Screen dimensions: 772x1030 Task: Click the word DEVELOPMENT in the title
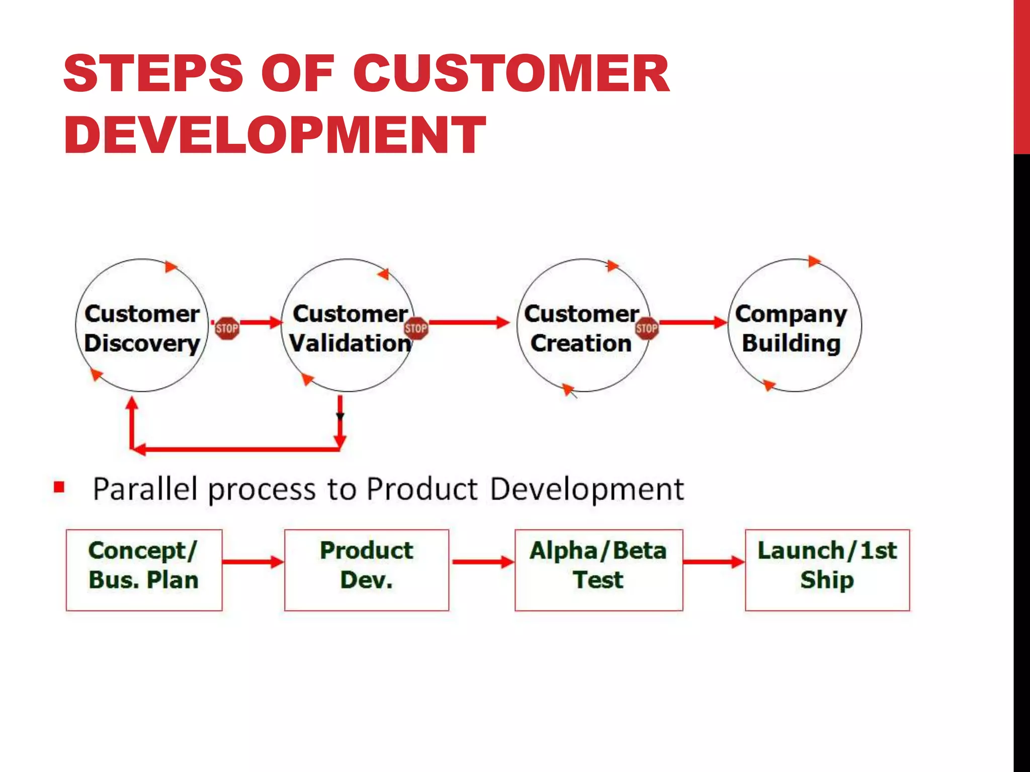click(275, 135)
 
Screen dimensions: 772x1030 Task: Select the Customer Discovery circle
click(142, 327)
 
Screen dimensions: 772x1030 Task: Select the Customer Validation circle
click(349, 327)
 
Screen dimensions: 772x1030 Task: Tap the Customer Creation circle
click(582, 327)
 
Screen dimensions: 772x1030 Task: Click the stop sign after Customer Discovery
click(227, 329)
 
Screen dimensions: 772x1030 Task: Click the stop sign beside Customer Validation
click(416, 329)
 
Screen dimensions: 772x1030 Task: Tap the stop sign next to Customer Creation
click(646, 329)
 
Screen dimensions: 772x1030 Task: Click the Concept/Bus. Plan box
click(144, 570)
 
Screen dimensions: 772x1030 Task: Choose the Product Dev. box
click(367, 570)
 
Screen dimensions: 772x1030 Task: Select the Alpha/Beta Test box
click(598, 570)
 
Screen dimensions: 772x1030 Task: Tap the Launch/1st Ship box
click(827, 570)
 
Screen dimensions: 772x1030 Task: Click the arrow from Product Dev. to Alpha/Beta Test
click(482, 562)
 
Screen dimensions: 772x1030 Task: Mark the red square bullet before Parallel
click(59, 487)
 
